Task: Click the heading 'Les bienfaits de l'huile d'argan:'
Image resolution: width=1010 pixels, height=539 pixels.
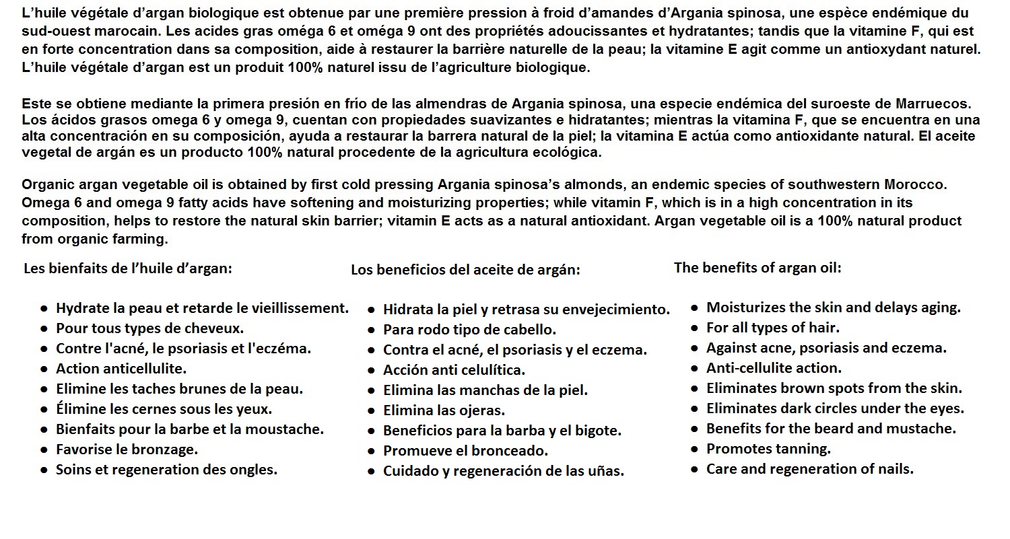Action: point(128,268)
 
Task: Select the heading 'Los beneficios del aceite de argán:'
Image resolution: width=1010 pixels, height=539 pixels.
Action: point(465,270)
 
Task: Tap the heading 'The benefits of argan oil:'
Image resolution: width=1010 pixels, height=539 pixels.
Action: point(757,267)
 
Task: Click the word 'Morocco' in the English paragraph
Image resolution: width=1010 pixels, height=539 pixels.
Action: point(918,184)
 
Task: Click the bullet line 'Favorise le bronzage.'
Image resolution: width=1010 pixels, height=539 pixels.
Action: point(127,449)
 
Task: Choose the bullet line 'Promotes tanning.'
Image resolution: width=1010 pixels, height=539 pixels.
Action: point(768,448)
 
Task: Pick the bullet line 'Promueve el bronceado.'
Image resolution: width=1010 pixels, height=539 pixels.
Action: point(465,451)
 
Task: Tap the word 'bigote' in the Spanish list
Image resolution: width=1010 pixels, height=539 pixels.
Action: point(597,431)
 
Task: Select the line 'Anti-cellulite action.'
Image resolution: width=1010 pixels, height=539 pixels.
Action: point(774,368)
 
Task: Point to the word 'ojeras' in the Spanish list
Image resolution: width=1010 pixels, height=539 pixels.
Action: point(482,410)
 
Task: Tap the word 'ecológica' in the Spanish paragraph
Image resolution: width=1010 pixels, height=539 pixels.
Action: point(567,152)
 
